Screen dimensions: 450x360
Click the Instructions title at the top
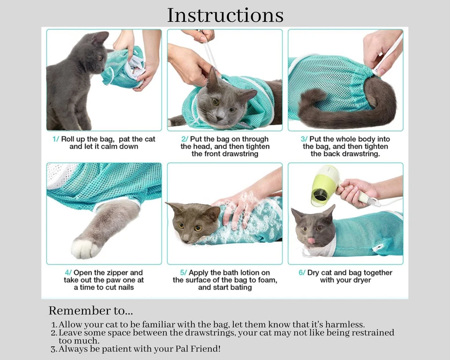(x=225, y=15)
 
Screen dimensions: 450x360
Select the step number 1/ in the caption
(x=56, y=139)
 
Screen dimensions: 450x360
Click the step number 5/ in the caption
(x=183, y=273)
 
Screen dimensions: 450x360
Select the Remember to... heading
(x=90, y=311)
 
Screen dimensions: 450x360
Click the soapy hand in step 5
(x=239, y=205)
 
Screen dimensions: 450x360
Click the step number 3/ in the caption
(x=304, y=139)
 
